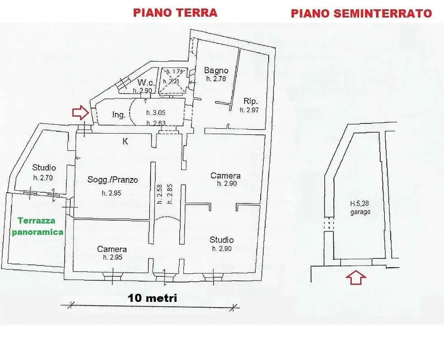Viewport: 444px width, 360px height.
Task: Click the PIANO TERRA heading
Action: point(175,13)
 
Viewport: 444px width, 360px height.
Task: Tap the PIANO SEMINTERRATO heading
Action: point(361,13)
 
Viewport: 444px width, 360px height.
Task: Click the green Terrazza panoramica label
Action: point(37,226)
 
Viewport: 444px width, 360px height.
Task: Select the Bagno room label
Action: point(216,70)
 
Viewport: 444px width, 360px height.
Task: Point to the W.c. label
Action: point(146,83)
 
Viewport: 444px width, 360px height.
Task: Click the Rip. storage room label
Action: point(250,101)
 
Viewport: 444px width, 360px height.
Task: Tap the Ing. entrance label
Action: point(119,115)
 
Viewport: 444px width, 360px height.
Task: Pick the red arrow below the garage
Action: point(356,277)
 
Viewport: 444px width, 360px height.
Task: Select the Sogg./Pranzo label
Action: point(113,179)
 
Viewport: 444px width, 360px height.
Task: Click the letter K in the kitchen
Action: point(125,141)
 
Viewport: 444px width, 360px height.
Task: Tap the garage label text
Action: point(361,212)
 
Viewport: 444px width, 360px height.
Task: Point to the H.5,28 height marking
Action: point(360,203)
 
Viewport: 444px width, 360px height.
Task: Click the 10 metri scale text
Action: point(152,298)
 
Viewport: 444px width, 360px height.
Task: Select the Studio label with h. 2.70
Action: point(44,167)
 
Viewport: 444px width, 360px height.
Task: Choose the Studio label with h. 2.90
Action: point(222,240)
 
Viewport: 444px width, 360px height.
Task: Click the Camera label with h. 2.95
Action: point(112,249)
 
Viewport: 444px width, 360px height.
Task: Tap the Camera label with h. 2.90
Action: point(226,175)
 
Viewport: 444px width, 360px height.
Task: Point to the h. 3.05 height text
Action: point(156,113)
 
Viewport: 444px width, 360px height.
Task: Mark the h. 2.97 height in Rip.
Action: point(249,110)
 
